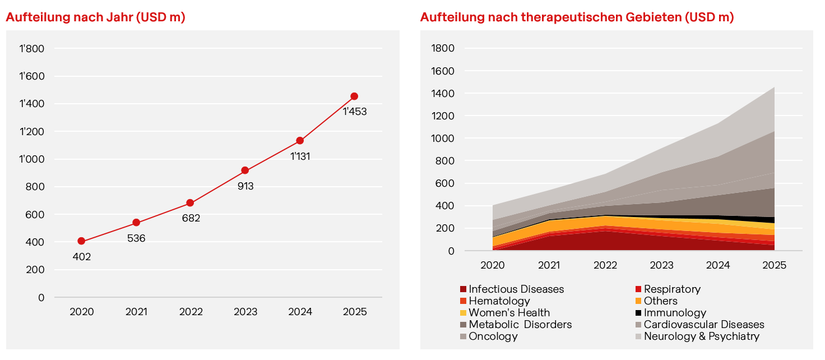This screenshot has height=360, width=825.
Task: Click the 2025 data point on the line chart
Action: click(354, 96)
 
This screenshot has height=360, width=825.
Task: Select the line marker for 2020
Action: click(81, 241)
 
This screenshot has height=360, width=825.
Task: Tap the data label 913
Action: click(245, 186)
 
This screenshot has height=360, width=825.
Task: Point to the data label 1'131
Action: click(300, 156)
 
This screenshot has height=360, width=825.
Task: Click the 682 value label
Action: click(191, 218)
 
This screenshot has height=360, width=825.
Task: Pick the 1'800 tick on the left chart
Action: click(32, 49)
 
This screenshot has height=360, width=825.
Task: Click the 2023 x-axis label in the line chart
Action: click(245, 312)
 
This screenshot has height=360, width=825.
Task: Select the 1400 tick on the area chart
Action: click(443, 94)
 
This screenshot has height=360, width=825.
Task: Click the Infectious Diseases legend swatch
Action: click(463, 289)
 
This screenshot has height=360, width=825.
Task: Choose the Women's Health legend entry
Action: click(509, 313)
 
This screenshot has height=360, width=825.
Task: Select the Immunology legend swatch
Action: click(638, 313)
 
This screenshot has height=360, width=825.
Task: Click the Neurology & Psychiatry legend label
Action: click(701, 336)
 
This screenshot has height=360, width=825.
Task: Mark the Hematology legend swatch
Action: click(463, 301)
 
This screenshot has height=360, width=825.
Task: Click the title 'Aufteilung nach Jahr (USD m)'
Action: click(95, 17)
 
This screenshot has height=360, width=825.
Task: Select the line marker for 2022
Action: click(190, 203)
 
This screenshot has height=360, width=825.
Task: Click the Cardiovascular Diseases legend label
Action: click(704, 325)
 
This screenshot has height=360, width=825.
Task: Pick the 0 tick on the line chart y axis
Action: click(41, 297)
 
